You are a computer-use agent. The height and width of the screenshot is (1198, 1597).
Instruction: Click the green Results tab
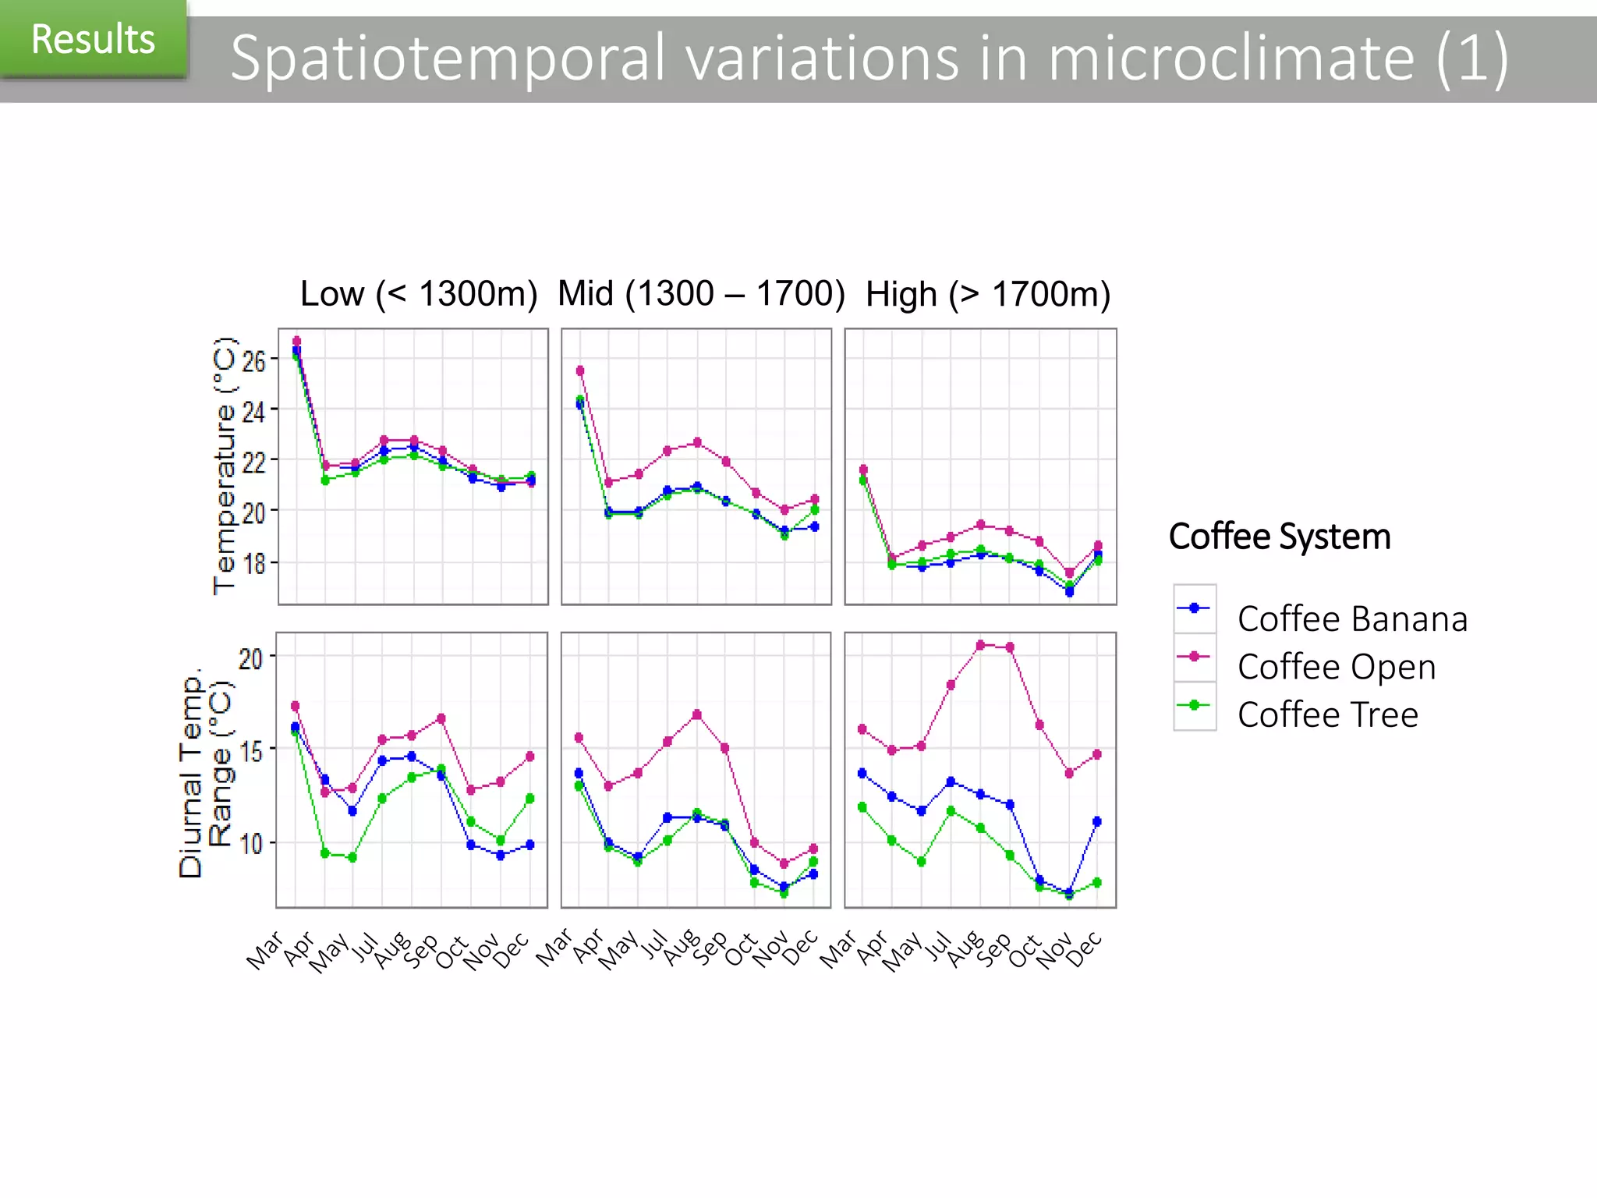pyautogui.click(x=93, y=39)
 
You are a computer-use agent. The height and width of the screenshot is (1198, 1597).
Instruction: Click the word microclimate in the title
pyautogui.click(x=1231, y=58)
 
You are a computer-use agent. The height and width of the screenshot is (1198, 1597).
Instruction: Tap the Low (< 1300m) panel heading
pyautogui.click(x=419, y=294)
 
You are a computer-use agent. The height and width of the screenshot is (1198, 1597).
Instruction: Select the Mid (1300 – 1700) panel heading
pyautogui.click(x=701, y=294)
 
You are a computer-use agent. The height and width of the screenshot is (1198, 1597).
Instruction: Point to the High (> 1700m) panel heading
pyautogui.click(x=987, y=295)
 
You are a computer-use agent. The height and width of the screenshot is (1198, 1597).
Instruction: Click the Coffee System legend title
pyautogui.click(x=1279, y=537)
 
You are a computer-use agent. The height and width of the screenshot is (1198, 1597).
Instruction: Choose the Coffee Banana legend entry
pyautogui.click(x=1351, y=619)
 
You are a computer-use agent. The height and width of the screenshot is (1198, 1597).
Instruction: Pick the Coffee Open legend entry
pyautogui.click(x=1336, y=667)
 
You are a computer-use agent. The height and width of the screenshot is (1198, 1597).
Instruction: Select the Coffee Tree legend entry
pyautogui.click(x=1327, y=715)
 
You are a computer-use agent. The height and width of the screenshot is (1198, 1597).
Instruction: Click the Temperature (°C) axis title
pyautogui.click(x=224, y=466)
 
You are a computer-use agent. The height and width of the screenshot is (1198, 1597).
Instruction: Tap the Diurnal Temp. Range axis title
pyautogui.click(x=205, y=771)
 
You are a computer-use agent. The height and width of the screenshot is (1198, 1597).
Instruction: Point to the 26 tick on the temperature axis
pyautogui.click(x=254, y=361)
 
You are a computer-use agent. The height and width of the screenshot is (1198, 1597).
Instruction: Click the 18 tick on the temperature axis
pyautogui.click(x=254, y=563)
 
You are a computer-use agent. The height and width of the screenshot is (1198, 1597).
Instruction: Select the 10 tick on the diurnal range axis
pyautogui.click(x=251, y=844)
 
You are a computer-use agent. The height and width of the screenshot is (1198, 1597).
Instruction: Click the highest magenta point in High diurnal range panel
pyautogui.click(x=980, y=645)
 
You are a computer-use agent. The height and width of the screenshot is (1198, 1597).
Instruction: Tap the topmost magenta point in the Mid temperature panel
pyautogui.click(x=580, y=370)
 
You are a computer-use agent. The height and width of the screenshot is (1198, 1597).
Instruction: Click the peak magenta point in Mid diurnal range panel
pyautogui.click(x=696, y=714)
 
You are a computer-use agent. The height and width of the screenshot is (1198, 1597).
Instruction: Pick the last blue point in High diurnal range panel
pyautogui.click(x=1097, y=821)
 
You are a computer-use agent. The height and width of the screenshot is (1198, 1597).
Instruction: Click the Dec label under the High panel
pyautogui.click(x=1085, y=949)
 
